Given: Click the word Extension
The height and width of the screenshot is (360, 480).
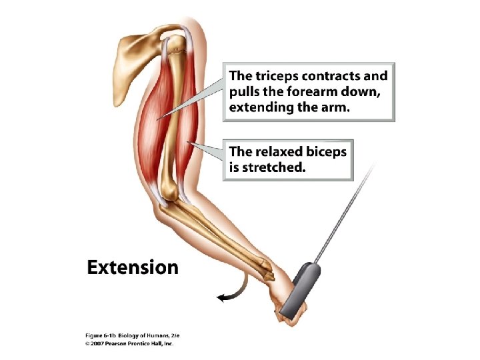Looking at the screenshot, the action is tap(133, 268).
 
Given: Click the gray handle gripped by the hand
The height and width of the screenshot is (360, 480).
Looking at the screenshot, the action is tap(297, 289).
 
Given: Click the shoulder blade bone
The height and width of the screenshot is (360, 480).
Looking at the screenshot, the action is tap(136, 50).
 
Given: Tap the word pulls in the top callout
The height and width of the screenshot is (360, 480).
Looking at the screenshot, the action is tap(246, 92).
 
